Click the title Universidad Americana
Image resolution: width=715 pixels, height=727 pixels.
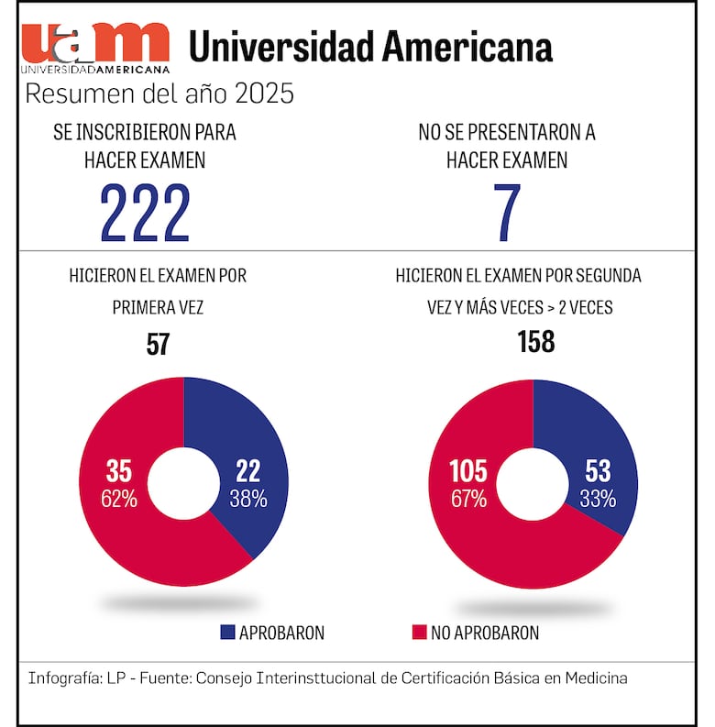(x=370, y=46)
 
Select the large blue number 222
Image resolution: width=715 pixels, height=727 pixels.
(x=145, y=214)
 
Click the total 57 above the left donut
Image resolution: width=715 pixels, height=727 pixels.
(x=158, y=344)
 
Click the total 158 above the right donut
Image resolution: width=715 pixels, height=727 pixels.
(x=535, y=342)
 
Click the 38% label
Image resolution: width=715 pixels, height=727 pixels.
(x=248, y=500)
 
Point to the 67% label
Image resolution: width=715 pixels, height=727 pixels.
(x=467, y=500)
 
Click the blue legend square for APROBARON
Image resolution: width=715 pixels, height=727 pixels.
(x=228, y=633)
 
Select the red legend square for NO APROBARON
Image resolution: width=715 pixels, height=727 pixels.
(x=420, y=633)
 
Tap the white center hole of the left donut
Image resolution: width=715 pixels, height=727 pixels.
(x=183, y=482)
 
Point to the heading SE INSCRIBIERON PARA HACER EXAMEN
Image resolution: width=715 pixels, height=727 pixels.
(x=145, y=146)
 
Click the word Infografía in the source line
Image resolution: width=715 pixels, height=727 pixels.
(x=61, y=678)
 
